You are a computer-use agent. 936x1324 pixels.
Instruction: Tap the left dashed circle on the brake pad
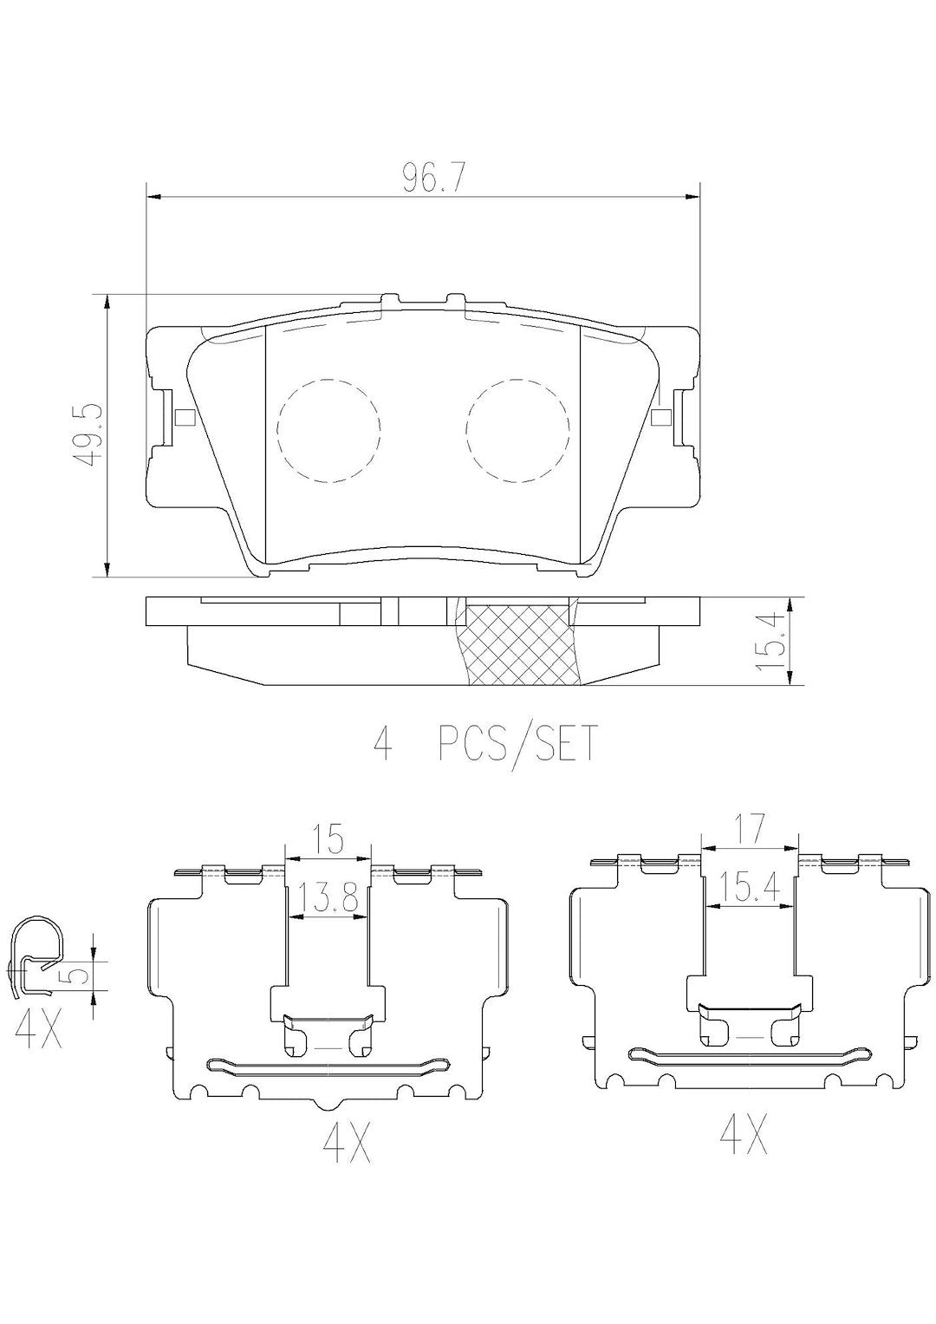pyautogui.click(x=329, y=429)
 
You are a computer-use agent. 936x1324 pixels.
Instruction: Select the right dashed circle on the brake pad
pyautogui.click(x=517, y=429)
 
